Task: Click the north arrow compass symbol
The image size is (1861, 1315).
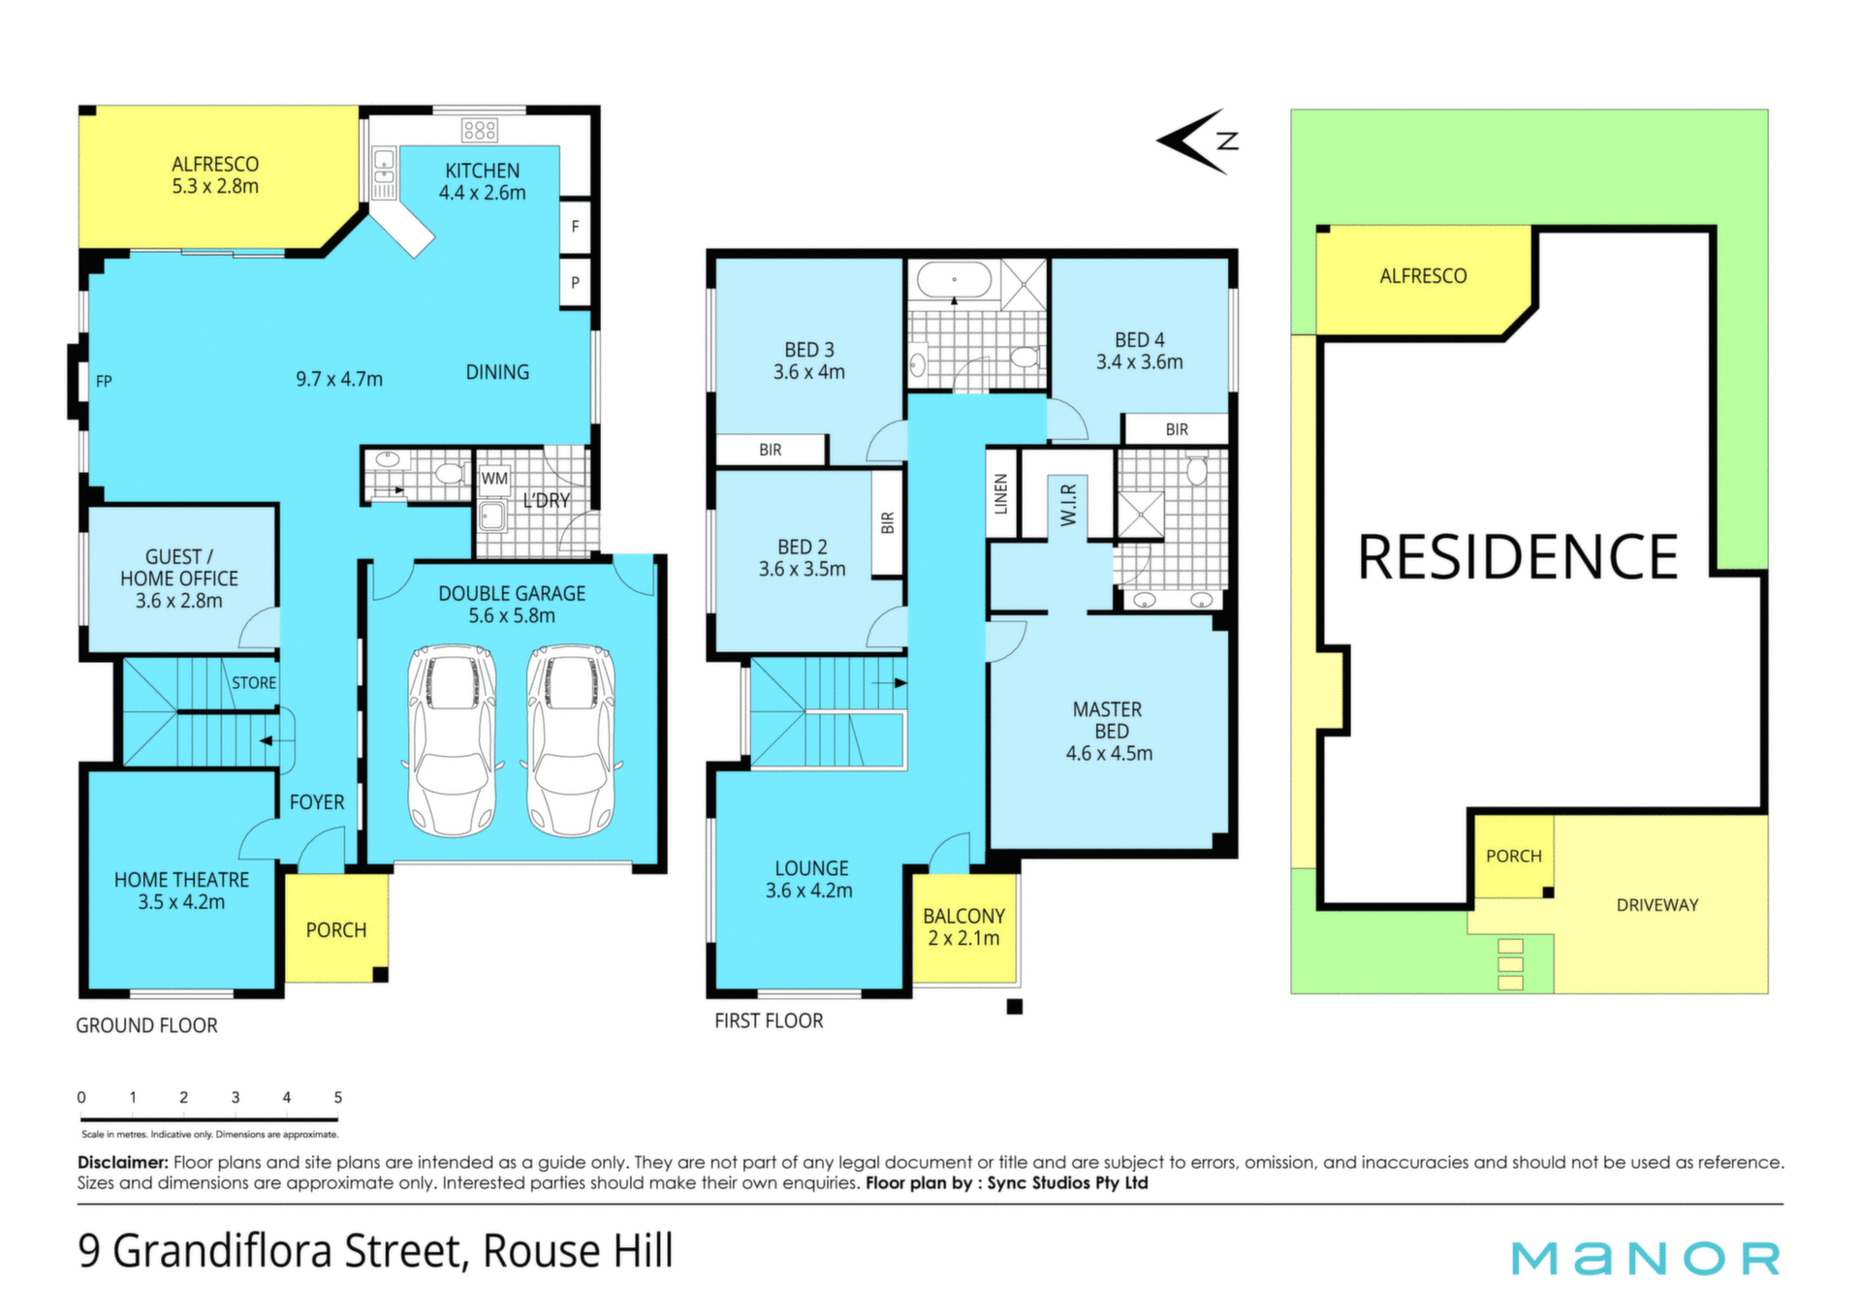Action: point(1198,141)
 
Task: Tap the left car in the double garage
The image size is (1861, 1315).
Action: point(452,740)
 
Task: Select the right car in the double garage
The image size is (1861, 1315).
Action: point(571,740)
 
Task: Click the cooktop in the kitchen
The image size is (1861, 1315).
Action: point(480,130)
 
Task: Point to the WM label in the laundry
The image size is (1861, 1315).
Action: point(494,479)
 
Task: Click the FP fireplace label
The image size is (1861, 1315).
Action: point(104,382)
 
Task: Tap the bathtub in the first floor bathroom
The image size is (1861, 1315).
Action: point(955,281)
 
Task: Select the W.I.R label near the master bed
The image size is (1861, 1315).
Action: point(1068,505)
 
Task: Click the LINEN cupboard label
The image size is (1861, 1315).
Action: point(1001,494)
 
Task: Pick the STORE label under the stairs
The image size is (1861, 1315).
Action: point(254,683)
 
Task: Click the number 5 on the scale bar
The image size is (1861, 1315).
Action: point(338,1098)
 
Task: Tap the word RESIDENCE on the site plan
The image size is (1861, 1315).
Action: point(1518,557)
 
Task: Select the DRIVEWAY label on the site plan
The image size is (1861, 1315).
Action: point(1657,905)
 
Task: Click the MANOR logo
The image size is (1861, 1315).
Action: point(1646,1258)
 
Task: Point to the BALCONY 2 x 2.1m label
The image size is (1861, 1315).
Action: point(963,926)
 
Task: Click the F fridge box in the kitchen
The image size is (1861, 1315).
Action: point(576,227)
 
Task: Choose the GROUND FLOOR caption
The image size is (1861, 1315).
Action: point(146,1025)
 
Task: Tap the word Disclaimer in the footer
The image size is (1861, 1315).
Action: point(123,1162)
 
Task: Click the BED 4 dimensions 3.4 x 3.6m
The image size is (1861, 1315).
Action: point(1140,362)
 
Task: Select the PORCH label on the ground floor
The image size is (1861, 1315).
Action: point(336,930)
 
